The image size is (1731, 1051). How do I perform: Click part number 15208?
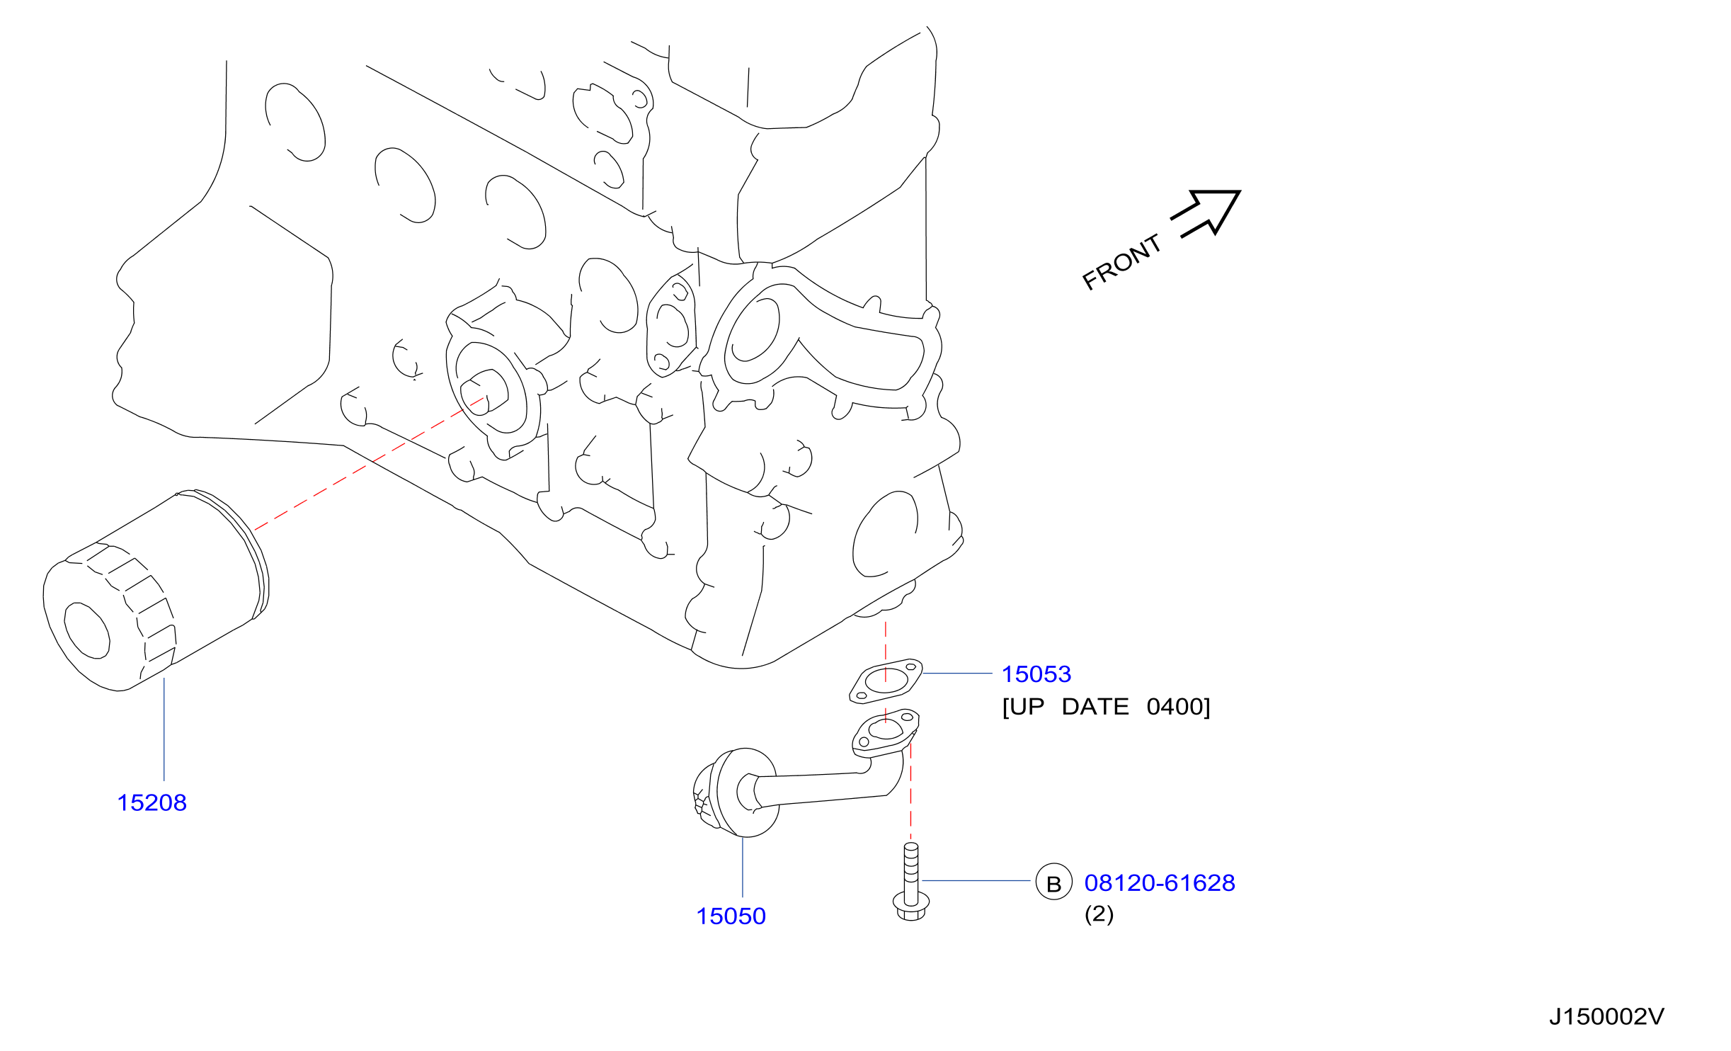tap(152, 803)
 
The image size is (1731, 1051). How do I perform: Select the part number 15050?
tap(731, 916)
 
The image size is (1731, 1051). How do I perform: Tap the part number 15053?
tap(1036, 674)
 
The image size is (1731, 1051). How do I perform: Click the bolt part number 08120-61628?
tap(1160, 883)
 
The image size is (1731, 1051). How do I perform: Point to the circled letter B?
tap(1054, 882)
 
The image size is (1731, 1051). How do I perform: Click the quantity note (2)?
tap(1099, 914)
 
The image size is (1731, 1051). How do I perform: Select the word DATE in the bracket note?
tap(1095, 707)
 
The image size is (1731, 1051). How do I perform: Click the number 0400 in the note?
tap(1175, 707)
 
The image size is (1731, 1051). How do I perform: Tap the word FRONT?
tap(1122, 262)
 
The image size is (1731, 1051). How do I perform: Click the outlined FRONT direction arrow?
tap(1206, 212)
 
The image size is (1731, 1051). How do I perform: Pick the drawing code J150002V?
tap(1606, 1017)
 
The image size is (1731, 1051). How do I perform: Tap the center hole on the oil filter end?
tap(86, 630)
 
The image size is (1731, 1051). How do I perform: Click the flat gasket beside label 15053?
tap(886, 681)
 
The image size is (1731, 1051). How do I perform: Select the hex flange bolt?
tap(911, 882)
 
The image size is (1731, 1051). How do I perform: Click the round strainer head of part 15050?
tap(736, 792)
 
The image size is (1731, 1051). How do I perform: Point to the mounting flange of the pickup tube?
tap(886, 732)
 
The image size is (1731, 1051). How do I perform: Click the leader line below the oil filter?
tap(164, 729)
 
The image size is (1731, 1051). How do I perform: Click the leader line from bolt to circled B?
tap(976, 881)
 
